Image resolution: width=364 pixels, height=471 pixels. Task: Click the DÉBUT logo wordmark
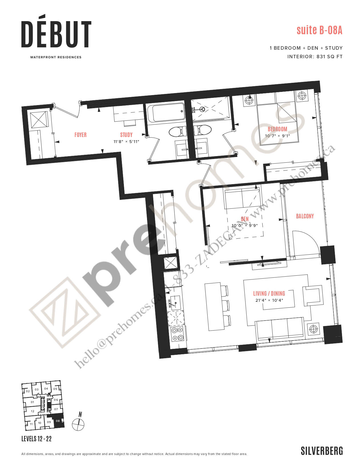point(56,31)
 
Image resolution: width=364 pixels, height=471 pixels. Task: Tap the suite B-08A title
point(319,30)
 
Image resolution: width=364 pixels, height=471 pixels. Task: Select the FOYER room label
point(81,135)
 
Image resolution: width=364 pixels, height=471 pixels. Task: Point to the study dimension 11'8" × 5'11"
point(126,142)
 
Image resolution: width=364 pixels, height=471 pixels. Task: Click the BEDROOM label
point(277,129)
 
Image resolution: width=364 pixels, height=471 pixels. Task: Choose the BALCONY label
point(305,216)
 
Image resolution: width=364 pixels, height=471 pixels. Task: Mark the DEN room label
point(245,219)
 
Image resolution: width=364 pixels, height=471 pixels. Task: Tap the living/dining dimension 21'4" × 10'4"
point(269,300)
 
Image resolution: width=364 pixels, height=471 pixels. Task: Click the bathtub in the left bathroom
point(166,112)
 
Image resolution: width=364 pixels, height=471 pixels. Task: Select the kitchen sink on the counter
point(175,302)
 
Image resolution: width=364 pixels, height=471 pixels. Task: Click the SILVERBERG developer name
point(322,451)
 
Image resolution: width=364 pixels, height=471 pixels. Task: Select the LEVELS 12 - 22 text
point(37,439)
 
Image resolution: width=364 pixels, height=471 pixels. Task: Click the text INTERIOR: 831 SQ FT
point(315,57)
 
